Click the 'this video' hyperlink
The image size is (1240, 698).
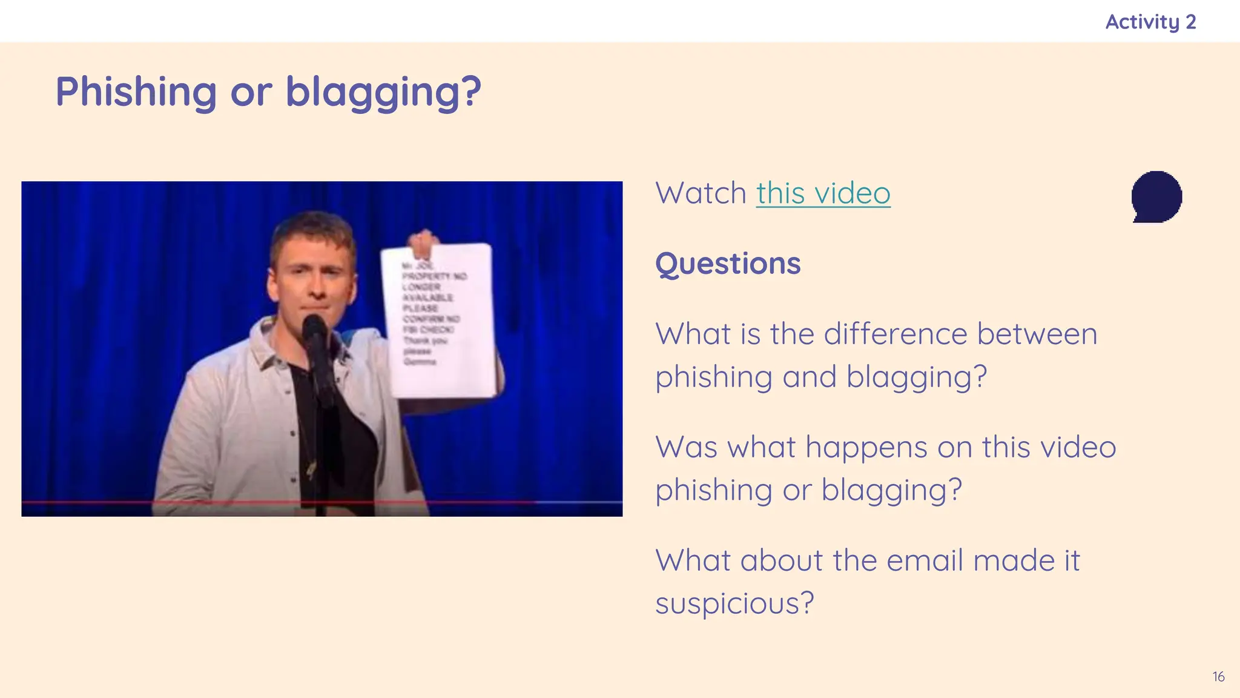tap(823, 194)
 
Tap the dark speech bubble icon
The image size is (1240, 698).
tap(1156, 196)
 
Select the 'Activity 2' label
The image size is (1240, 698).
tap(1150, 22)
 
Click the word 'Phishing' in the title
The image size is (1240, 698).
tap(136, 92)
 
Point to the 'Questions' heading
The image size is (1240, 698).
tap(728, 264)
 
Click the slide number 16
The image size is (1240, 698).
tap(1218, 677)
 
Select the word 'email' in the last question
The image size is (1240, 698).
tap(925, 560)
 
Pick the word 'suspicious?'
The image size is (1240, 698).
tap(734, 603)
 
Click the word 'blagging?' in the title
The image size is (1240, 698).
tap(383, 92)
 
